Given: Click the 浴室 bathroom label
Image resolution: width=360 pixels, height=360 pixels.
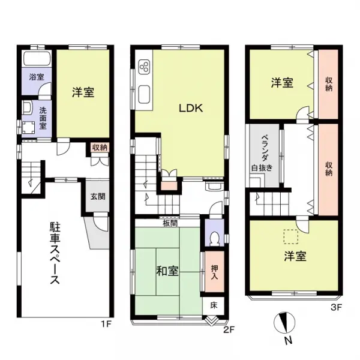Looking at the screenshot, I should pos(37,77).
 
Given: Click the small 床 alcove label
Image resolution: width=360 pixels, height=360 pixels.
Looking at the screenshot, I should pos(214,305).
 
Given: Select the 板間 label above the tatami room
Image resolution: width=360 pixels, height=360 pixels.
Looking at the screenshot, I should pos(169,223).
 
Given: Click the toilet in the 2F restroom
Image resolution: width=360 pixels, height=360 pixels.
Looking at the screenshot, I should pos(214,237).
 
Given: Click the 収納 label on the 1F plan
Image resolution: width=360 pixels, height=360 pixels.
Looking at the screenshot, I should pos(100,148).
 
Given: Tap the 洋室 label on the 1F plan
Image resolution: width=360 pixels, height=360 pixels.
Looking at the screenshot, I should pos(83,92).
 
